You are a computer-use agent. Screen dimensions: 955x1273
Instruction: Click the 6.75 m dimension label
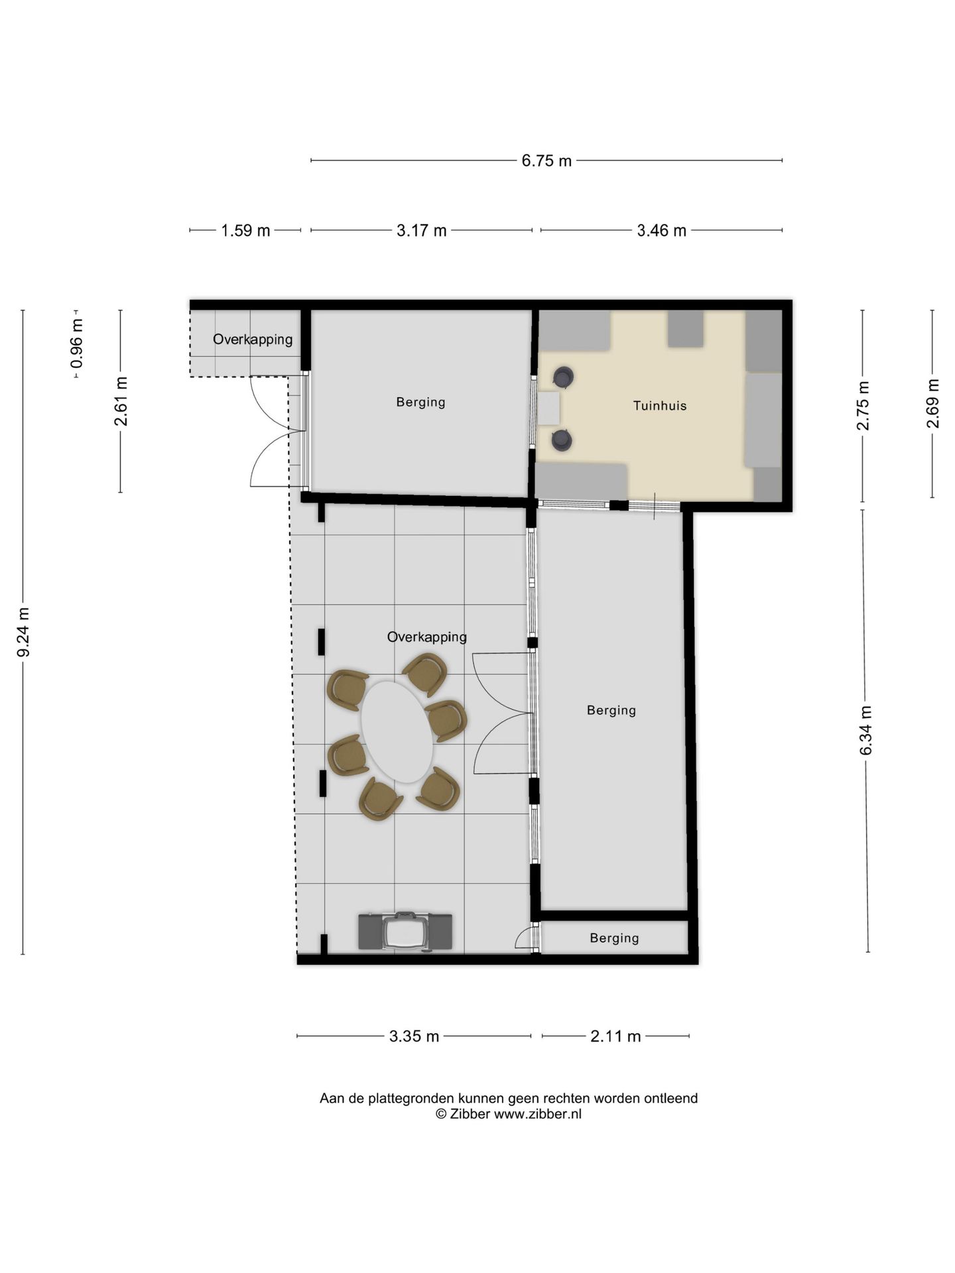(546, 160)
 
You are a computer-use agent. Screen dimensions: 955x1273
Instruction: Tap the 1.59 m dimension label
(245, 231)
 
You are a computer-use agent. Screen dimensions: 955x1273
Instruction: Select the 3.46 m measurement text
(661, 231)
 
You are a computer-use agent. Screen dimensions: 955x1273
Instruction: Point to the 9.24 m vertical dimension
(23, 633)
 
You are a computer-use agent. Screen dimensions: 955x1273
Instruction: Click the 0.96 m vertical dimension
(77, 343)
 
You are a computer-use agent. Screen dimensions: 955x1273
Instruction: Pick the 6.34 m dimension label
(866, 731)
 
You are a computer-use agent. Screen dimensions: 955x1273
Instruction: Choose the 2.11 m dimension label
(615, 1036)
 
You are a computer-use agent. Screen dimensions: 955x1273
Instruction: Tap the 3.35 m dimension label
(414, 1036)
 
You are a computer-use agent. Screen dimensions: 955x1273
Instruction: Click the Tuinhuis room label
(660, 406)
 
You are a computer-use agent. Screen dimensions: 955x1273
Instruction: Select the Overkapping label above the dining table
(427, 637)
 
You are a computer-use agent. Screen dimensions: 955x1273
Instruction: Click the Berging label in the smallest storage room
(614, 938)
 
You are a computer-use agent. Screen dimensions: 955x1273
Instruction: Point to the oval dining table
(397, 731)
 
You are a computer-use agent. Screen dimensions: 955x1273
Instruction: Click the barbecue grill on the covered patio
(405, 932)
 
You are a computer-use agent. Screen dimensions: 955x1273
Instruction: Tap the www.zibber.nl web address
(538, 1114)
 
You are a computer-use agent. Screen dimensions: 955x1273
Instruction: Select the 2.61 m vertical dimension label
(121, 402)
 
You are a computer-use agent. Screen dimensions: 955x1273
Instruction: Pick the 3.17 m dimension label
(422, 231)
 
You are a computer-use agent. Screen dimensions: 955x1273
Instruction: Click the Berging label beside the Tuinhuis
(420, 402)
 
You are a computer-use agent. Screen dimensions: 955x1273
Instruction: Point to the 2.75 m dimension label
(863, 406)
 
